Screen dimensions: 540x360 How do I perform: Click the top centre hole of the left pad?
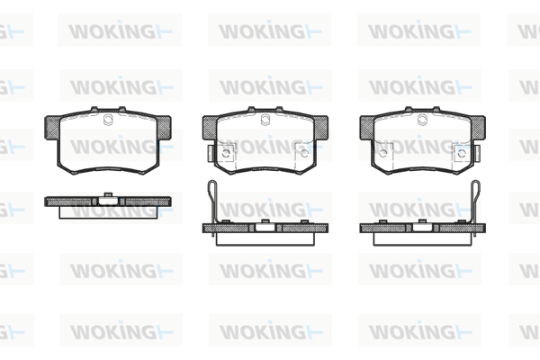pyautogui.click(x=108, y=120)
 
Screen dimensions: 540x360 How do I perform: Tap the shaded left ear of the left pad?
pyautogui.click(x=52, y=128)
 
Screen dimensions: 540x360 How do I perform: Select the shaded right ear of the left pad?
pyautogui.click(x=164, y=128)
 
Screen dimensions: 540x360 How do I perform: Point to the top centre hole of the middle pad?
pyautogui.click(x=265, y=120)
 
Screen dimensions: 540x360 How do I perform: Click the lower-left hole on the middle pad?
pyautogui.click(x=226, y=153)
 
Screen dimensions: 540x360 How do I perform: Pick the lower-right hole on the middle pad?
pyautogui.click(x=304, y=153)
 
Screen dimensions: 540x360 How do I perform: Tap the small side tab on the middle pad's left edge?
pyautogui.click(x=211, y=153)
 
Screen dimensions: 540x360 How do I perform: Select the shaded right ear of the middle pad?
pyautogui.click(x=321, y=128)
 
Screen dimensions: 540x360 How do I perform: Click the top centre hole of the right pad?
pyautogui.click(x=423, y=120)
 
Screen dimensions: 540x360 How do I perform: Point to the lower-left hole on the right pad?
pyautogui.click(x=383, y=153)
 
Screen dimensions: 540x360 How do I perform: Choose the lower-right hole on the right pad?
pyautogui.click(x=462, y=153)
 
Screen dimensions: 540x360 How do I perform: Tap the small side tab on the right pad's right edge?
pyautogui.click(x=477, y=153)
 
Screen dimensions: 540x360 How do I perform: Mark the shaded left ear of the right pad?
pyautogui.click(x=367, y=128)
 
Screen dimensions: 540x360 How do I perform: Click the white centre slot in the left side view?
pyautogui.click(x=108, y=201)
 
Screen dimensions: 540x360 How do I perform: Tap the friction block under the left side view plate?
pyautogui.click(x=108, y=212)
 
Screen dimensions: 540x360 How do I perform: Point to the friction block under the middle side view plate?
pyautogui.click(x=265, y=238)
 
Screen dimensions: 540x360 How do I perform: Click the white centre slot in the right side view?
pyautogui.click(x=423, y=228)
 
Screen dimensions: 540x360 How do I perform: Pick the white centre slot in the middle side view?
pyautogui.click(x=265, y=228)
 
